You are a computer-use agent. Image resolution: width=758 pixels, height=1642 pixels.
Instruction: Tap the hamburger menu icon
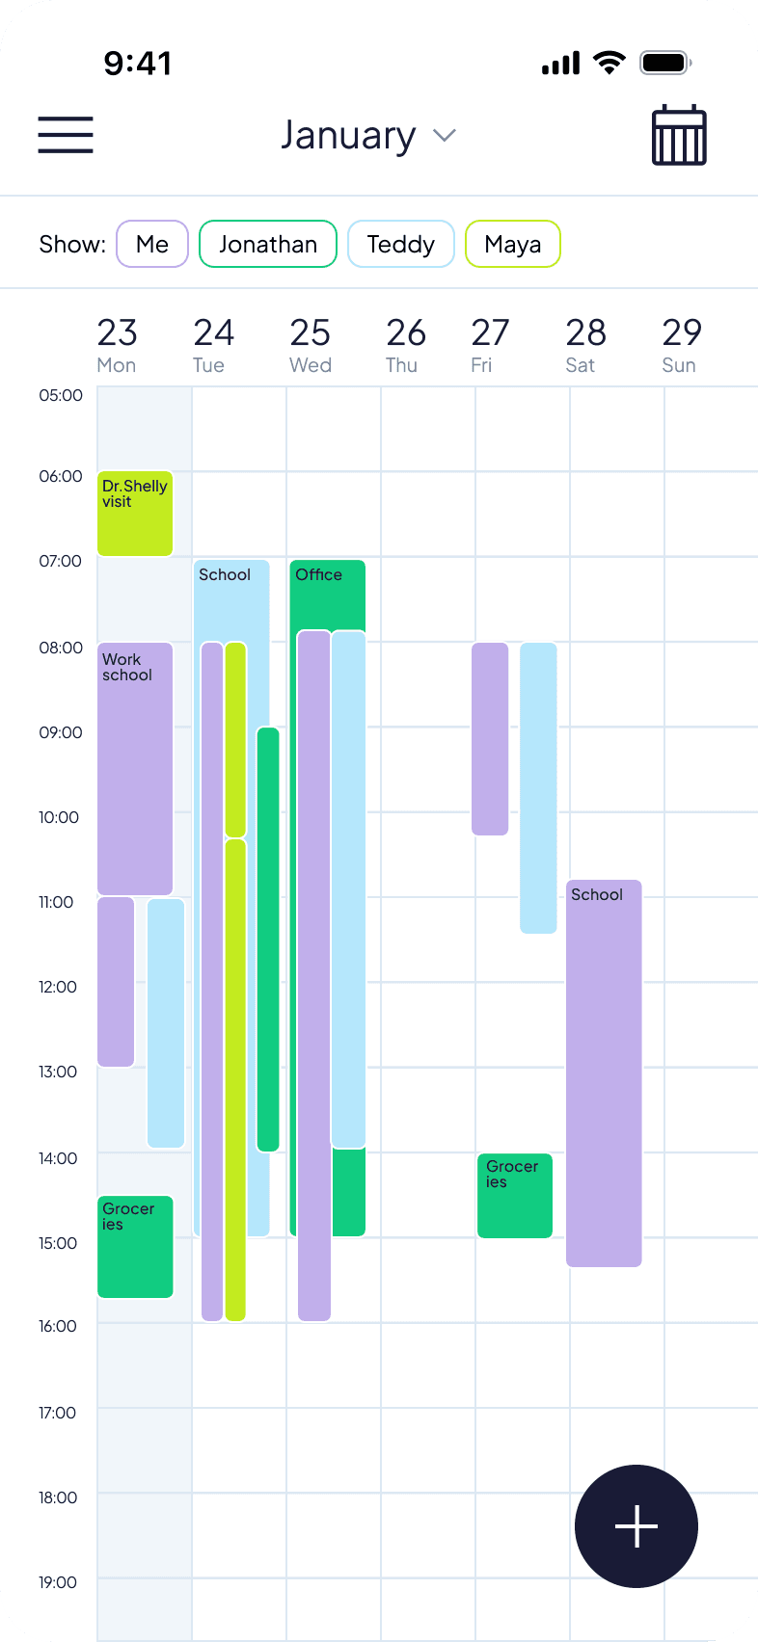click(x=66, y=135)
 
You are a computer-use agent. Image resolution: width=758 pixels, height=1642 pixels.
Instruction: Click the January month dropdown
click(x=366, y=136)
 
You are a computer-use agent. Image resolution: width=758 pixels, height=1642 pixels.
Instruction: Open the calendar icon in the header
click(x=679, y=136)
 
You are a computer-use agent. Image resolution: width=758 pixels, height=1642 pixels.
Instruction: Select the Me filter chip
click(x=152, y=244)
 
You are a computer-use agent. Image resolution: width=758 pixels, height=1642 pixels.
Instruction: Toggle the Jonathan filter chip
click(x=267, y=244)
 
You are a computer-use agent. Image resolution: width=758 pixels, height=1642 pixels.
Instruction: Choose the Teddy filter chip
click(x=400, y=244)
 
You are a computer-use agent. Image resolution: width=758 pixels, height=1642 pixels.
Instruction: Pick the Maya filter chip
click(x=512, y=244)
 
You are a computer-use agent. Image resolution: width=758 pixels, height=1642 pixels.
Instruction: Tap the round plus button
click(x=636, y=1526)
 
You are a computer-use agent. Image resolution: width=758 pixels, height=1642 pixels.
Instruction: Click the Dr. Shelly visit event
click(x=135, y=514)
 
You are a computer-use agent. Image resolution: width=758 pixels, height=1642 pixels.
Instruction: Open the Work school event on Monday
click(x=135, y=768)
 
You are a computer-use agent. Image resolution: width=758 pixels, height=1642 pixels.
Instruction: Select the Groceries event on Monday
click(x=135, y=1246)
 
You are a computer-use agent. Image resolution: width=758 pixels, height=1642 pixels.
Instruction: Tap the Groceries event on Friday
click(x=514, y=1195)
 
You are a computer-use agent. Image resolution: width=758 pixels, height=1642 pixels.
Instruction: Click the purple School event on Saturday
click(x=604, y=1073)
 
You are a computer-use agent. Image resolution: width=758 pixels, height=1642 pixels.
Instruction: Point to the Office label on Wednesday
click(x=318, y=574)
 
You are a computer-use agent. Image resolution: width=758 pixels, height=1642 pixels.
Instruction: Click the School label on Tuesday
click(x=225, y=574)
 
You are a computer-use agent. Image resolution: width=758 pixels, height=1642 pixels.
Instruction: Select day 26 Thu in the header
click(x=405, y=344)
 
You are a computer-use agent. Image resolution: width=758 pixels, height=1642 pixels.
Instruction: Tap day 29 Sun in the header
click(x=681, y=344)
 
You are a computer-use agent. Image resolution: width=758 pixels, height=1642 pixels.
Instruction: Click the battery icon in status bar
click(x=665, y=64)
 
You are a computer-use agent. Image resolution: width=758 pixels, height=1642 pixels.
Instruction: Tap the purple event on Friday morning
click(x=490, y=738)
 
